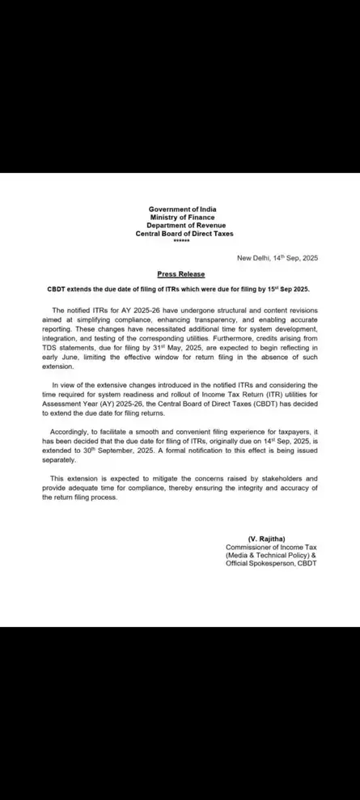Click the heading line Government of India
pos(181,210)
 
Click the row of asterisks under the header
pos(181,241)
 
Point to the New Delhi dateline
pos(273,258)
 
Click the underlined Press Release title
pos(181,274)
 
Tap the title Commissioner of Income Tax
pos(271,548)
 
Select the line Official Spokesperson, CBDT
pos(271,564)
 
